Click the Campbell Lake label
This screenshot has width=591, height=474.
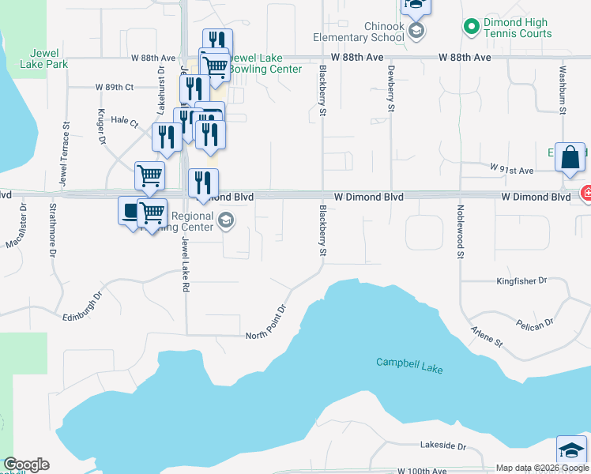pyautogui.click(x=409, y=363)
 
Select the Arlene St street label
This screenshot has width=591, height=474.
pyautogui.click(x=487, y=336)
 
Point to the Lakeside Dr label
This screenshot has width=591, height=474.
pyautogui.click(x=443, y=446)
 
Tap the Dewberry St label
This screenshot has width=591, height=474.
pyautogui.click(x=391, y=88)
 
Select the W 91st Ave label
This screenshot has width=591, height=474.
pyautogui.click(x=512, y=170)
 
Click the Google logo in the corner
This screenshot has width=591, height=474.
pyautogui.click(x=26, y=465)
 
